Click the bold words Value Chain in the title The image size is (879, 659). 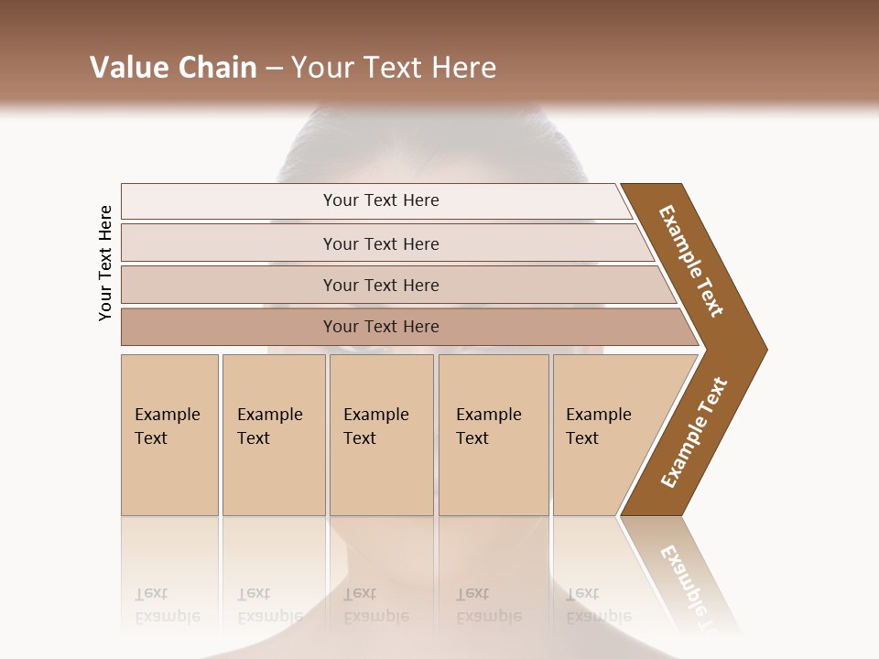tap(173, 68)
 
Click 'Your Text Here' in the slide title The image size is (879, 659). tap(394, 68)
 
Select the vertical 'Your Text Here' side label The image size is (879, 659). tap(105, 263)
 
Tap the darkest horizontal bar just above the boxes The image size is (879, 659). tap(229, 327)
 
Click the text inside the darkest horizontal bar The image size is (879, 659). tap(381, 327)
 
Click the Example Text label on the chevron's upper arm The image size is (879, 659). tap(691, 261)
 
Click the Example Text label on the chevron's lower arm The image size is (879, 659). tap(693, 433)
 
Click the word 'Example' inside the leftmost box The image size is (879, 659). tap(167, 415)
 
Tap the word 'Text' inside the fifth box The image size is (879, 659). tap(582, 438)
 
